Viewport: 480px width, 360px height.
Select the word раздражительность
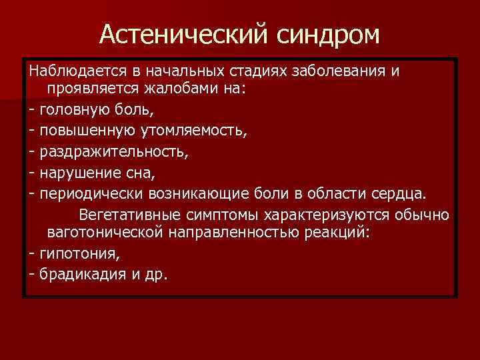[x=113, y=153]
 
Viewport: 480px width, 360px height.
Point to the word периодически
[x=84, y=195]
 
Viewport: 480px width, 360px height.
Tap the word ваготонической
[x=115, y=234]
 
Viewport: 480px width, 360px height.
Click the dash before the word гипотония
[x=33, y=254]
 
